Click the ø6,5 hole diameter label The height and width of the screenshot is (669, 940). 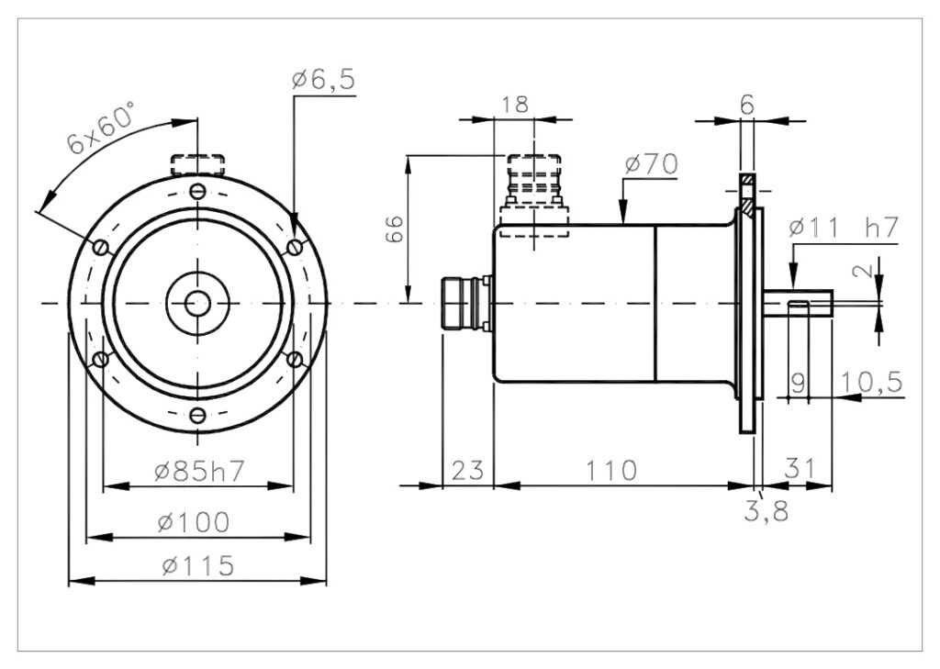coord(324,79)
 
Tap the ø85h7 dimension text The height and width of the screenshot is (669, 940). coord(199,471)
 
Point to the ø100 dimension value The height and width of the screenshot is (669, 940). coord(194,521)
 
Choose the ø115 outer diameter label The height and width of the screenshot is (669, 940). coord(198,565)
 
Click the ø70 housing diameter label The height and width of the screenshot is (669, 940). coord(652,163)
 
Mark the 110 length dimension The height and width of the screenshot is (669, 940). coord(610,471)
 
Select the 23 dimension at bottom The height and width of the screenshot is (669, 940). coord(467,471)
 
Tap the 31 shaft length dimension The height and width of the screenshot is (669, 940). coord(800,468)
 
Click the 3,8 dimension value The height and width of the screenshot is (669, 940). coord(767,511)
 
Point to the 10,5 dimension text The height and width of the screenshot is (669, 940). coord(872,382)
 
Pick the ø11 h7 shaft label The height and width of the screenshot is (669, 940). coord(845,228)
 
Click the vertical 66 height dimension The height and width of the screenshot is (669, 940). coord(395,229)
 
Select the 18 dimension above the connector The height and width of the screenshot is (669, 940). coord(515,104)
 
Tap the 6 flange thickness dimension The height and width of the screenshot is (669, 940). coord(747,105)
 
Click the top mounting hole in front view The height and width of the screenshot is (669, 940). coord(198,192)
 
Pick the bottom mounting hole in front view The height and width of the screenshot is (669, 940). coord(198,415)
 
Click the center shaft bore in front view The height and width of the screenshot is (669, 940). coord(198,304)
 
